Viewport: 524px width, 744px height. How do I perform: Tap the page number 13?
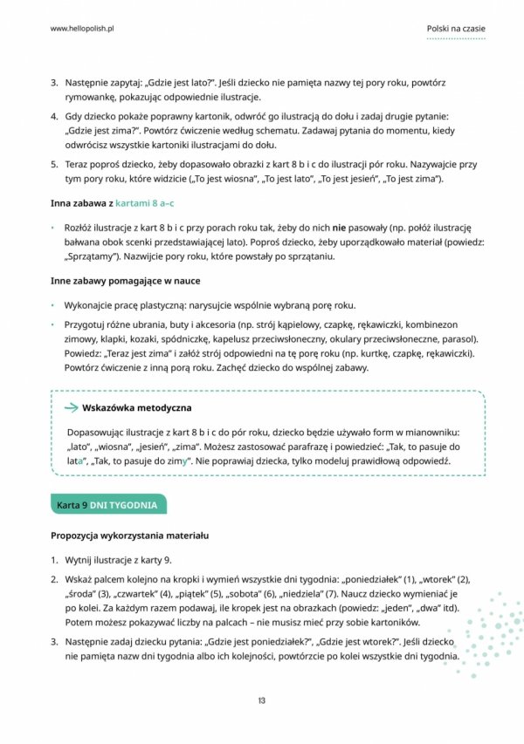(x=262, y=700)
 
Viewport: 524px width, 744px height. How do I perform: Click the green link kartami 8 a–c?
(x=145, y=203)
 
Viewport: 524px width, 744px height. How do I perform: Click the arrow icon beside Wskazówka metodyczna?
(x=69, y=407)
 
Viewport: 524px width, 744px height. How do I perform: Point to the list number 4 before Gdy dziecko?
(x=54, y=116)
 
